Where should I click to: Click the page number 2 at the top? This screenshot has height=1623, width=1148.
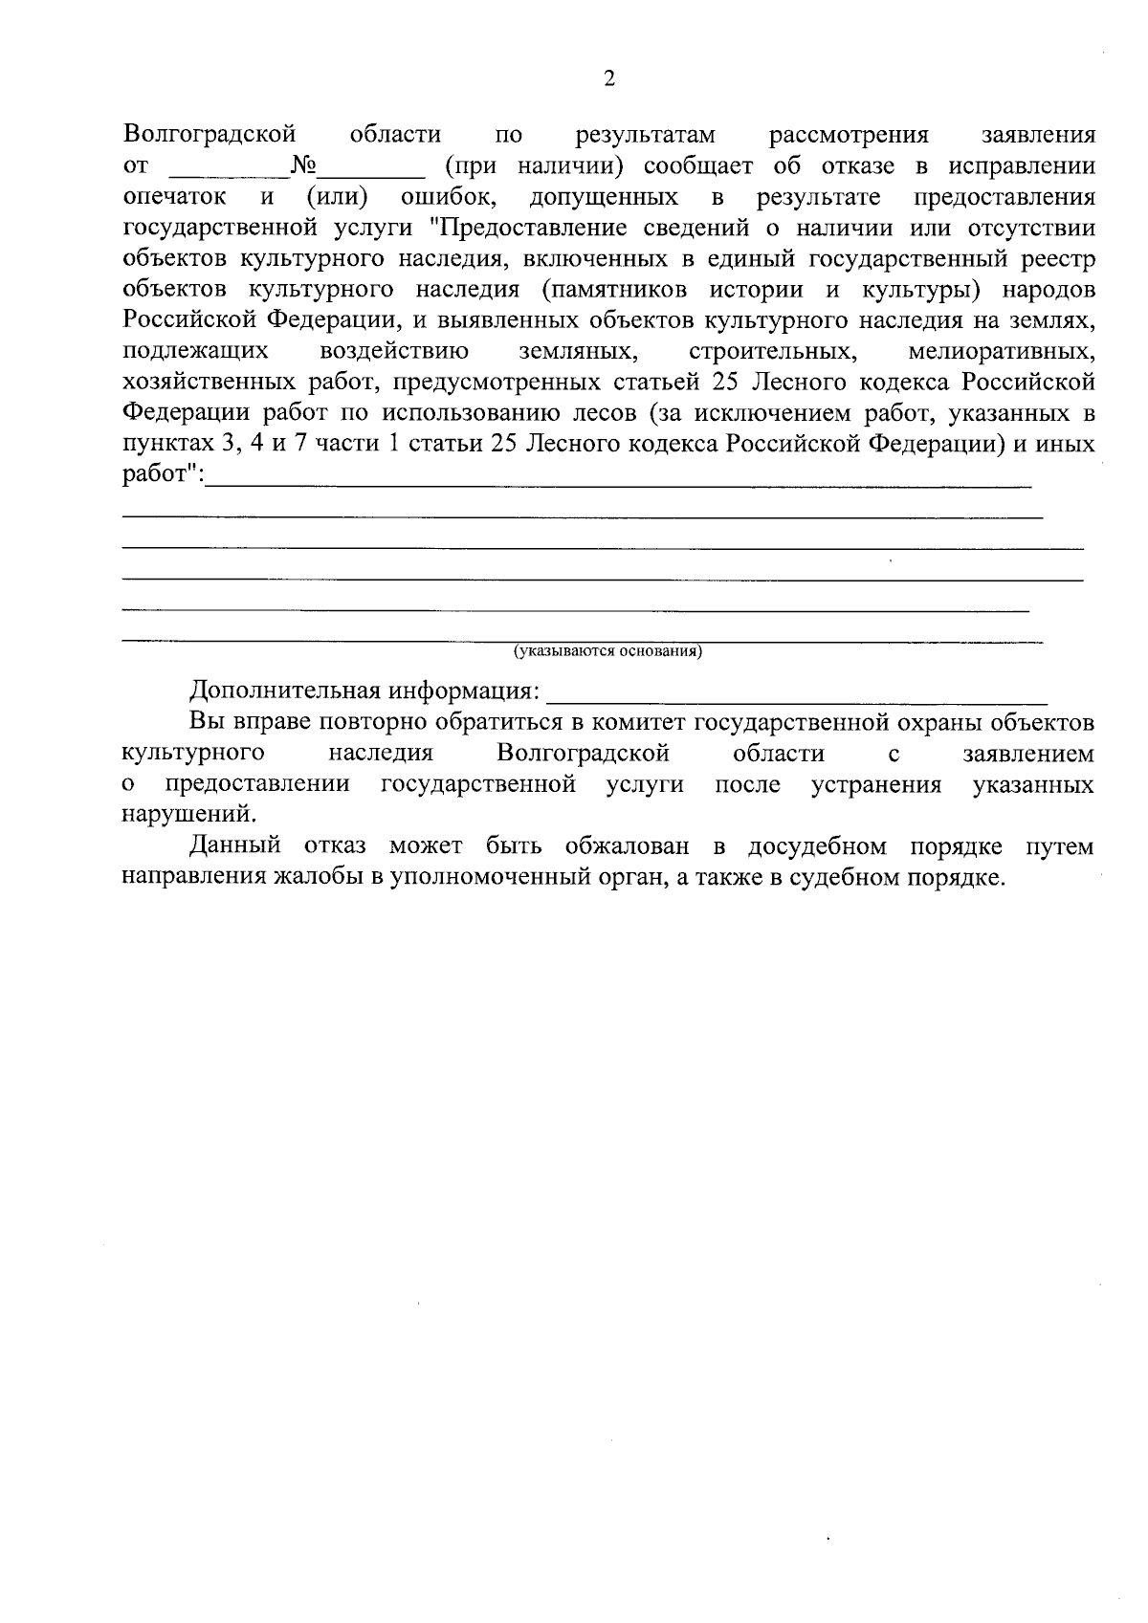(609, 78)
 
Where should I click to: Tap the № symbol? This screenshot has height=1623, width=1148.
(304, 166)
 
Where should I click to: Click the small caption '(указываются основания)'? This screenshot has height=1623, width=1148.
(608, 652)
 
